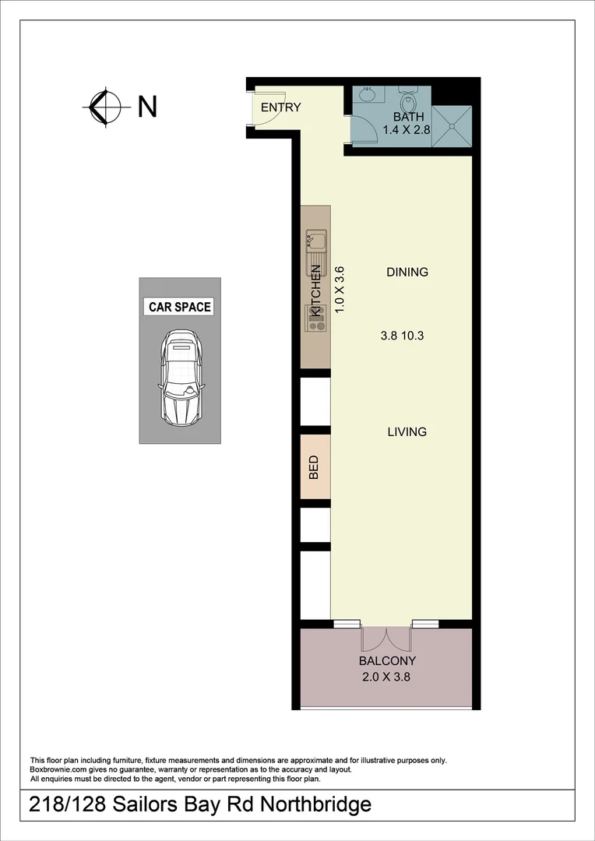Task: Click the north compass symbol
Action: (x=105, y=107)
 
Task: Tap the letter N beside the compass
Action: (x=147, y=107)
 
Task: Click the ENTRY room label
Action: (x=280, y=107)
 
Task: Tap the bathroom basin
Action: (x=367, y=95)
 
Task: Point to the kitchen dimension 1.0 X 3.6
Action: (x=339, y=290)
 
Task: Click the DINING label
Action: (x=407, y=273)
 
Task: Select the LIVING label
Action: (x=407, y=431)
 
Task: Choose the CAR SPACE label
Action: (x=180, y=307)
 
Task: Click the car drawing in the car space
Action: (x=180, y=378)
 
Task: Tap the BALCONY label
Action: (x=386, y=661)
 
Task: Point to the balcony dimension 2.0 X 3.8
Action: (x=386, y=677)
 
